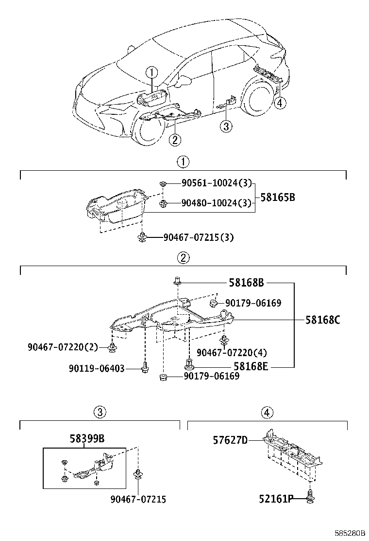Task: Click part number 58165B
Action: click(278, 198)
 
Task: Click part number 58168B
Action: click(247, 282)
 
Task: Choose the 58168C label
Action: click(323, 320)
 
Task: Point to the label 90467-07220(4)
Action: click(232, 352)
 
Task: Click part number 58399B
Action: click(86, 439)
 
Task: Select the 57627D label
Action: click(230, 440)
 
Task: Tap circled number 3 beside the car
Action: click(226, 127)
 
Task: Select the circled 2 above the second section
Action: click(183, 258)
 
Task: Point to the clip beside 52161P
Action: click(311, 497)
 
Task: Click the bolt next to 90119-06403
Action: click(144, 369)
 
